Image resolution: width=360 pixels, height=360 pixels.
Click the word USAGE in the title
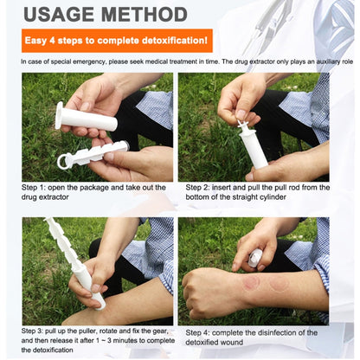pyautogui.click(x=59, y=15)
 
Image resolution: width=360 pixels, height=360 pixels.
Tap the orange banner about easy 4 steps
pyautogui.click(x=117, y=41)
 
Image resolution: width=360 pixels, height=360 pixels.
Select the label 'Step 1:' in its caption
pyautogui.click(x=34, y=188)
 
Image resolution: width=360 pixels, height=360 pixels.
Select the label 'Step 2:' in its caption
pyautogui.click(x=197, y=188)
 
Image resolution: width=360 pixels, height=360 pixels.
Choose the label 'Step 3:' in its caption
pyautogui.click(x=32, y=331)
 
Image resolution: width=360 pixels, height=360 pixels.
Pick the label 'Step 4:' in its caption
pyautogui.click(x=197, y=333)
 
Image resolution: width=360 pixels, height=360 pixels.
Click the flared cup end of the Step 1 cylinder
pyautogui.click(x=60, y=115)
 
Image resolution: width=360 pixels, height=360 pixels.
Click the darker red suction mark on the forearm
pyautogui.click(x=251, y=282)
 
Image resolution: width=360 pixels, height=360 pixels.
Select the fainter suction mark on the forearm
pyautogui.click(x=279, y=283)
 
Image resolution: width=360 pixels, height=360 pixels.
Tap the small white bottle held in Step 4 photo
pyautogui.click(x=255, y=258)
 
